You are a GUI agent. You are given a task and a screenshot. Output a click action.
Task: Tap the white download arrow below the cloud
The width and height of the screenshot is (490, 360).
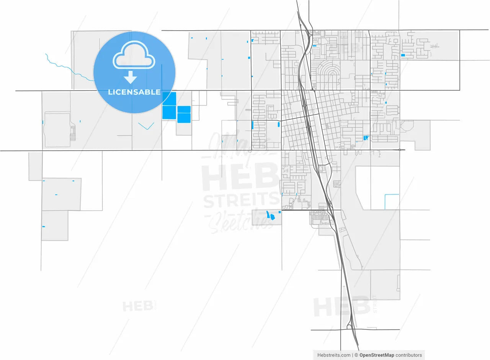pos(131,78)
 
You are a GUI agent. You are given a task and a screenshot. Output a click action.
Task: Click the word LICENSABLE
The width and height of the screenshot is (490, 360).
pos(134,92)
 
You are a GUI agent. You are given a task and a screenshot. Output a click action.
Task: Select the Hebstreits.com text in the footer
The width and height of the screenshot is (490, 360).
pos(334,355)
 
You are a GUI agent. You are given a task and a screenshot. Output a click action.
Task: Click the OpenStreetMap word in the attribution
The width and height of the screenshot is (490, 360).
pos(377,355)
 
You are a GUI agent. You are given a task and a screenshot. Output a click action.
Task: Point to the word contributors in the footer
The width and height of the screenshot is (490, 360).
pos(409,355)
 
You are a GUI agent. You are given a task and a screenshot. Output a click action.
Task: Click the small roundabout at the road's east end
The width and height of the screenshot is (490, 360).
pos(400,150)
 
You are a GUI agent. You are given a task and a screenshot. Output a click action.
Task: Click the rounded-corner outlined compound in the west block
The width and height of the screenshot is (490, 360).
pos(58,130)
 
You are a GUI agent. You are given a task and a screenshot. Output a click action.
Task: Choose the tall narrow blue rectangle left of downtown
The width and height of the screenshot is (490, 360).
pos(253,125)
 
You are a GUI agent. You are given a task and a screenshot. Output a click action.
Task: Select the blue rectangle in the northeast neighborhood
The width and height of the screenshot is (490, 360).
pos(403,55)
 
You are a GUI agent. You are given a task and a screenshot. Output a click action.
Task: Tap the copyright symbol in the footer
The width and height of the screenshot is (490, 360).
pos(356,355)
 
